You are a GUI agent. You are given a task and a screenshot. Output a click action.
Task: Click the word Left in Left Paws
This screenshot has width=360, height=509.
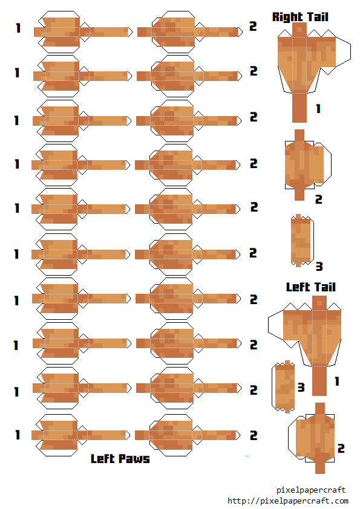click(x=103, y=459)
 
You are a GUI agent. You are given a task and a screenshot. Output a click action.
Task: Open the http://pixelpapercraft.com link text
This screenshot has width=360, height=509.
click(x=287, y=501)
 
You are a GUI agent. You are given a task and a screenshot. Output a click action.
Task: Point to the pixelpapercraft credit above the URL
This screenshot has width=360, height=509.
click(x=311, y=490)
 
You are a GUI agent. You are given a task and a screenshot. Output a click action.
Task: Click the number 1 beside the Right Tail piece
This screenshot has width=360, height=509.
click(x=318, y=108)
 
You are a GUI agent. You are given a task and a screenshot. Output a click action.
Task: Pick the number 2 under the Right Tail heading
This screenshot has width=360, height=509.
click(x=318, y=199)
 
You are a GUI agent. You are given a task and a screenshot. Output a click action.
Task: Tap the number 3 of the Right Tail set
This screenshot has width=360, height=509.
click(x=319, y=267)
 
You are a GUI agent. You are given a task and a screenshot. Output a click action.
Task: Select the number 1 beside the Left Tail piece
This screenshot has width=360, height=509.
click(x=337, y=381)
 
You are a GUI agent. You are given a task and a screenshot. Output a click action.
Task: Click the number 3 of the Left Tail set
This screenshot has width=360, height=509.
click(x=301, y=387)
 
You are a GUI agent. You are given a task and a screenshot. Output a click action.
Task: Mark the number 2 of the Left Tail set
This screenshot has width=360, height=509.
click(x=341, y=449)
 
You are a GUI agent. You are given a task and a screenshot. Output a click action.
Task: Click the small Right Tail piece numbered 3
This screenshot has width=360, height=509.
click(x=302, y=241)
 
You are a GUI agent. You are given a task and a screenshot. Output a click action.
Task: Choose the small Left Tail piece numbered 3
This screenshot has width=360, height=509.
click(x=284, y=387)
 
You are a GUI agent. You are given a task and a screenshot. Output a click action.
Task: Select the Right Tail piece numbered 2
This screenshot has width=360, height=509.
click(x=308, y=165)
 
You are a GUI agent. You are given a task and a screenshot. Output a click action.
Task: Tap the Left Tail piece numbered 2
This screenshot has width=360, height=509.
click(x=312, y=438)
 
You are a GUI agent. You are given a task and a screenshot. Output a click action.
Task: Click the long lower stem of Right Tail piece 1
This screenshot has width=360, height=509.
click(x=299, y=108)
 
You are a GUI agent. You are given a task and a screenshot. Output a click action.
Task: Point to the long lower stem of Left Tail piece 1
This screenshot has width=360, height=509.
click(x=319, y=381)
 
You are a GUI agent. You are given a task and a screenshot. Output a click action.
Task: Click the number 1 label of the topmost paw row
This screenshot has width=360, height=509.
click(x=18, y=28)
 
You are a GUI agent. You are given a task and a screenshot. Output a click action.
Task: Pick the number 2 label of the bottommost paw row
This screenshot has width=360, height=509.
click(x=254, y=435)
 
